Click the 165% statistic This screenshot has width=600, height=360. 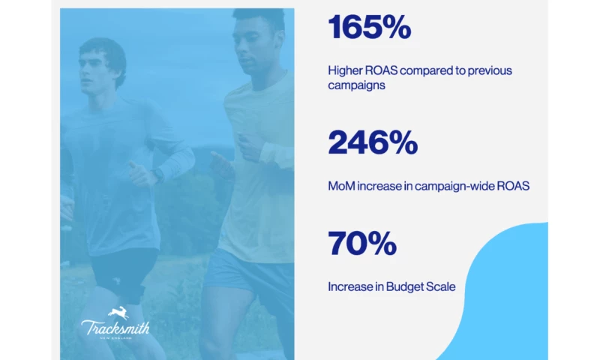[x=370, y=28]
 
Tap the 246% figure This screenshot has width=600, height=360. [x=371, y=142]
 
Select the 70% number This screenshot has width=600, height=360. [x=361, y=244]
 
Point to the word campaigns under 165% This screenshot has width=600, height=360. [x=358, y=85]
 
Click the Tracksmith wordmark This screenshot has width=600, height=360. [x=115, y=327]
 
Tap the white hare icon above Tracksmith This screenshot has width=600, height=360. [x=118, y=312]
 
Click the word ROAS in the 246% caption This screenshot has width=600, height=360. [x=514, y=186]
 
